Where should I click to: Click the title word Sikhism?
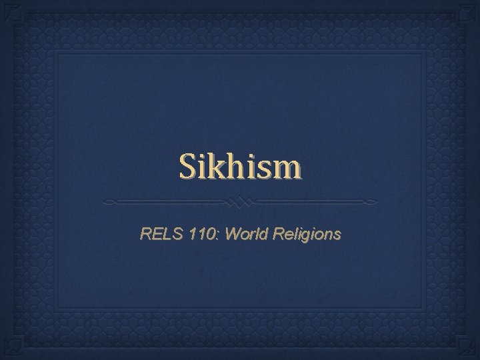click(239, 168)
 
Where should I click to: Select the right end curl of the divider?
click(372, 201)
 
